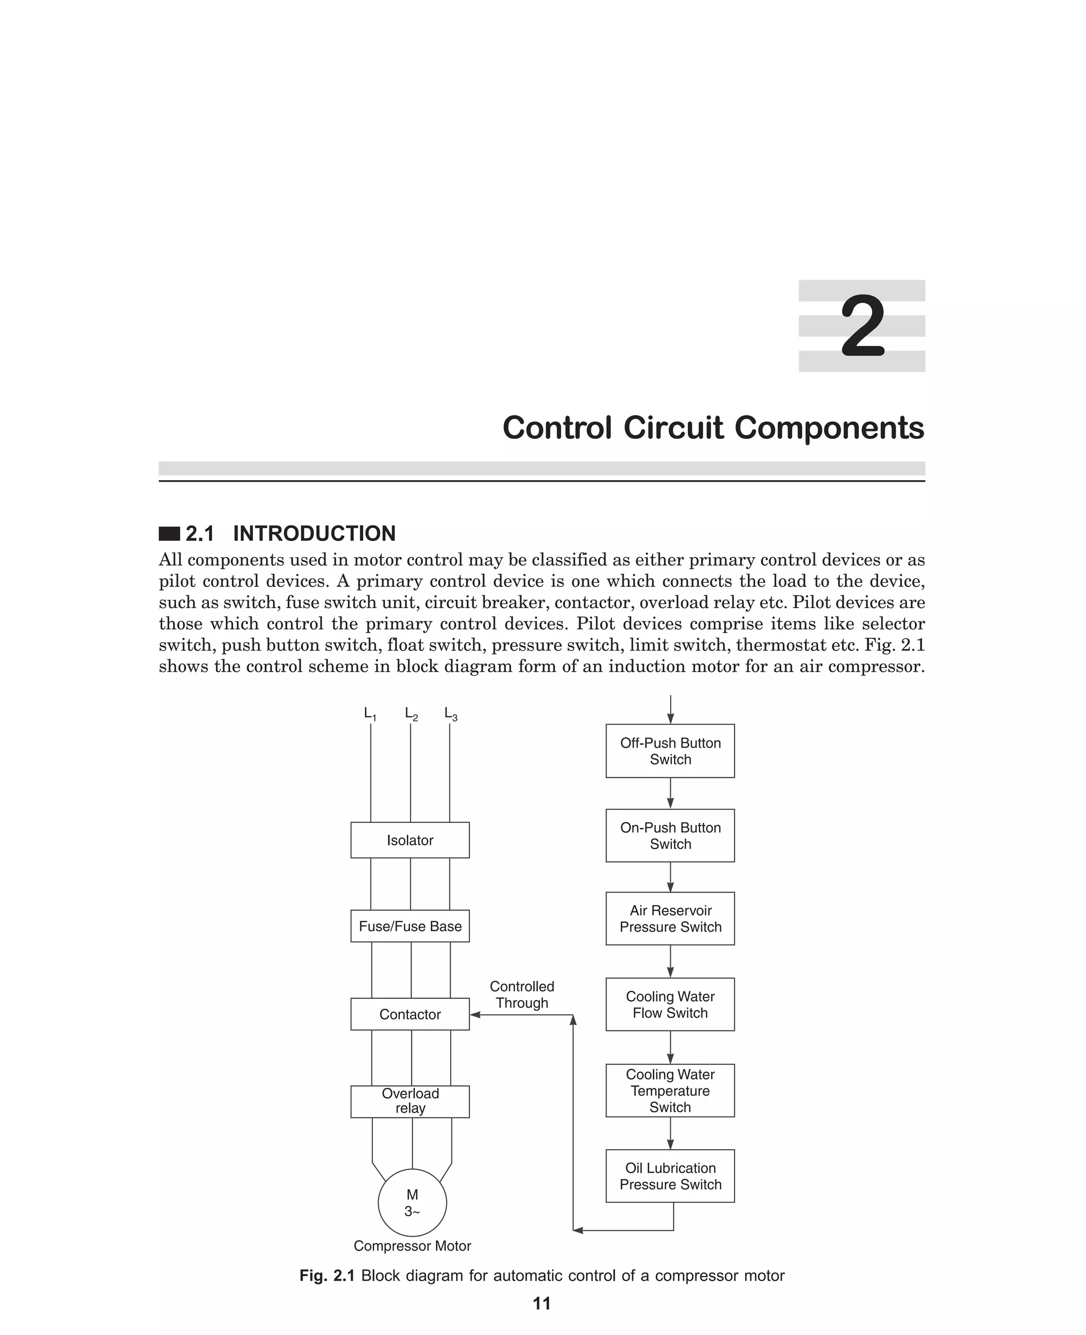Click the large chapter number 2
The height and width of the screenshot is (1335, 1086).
pos(863,326)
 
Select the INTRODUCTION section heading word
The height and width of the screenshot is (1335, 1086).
pos(314,533)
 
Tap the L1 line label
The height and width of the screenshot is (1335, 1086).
pos(370,714)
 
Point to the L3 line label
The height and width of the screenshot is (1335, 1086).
pos(450,714)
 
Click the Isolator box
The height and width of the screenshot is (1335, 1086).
pos(410,840)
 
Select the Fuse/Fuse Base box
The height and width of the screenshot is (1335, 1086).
pos(410,926)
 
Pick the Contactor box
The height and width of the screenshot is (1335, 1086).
pos(410,1014)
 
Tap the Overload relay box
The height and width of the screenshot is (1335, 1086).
pos(410,1101)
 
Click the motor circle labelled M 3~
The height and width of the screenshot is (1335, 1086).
pos(412,1203)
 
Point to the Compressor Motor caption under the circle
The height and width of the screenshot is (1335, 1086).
pos(412,1245)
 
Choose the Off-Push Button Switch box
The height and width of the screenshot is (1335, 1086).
pos(670,751)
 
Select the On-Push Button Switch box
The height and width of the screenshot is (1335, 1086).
pos(670,836)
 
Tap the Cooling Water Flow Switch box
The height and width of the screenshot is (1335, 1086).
pos(670,1004)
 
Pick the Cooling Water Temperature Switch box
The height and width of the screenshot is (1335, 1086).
pos(670,1090)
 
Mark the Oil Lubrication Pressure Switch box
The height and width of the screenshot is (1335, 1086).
pos(670,1176)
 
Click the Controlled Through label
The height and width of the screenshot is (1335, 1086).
pos(522,994)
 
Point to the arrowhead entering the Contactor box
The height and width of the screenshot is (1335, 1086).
pos(475,1015)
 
